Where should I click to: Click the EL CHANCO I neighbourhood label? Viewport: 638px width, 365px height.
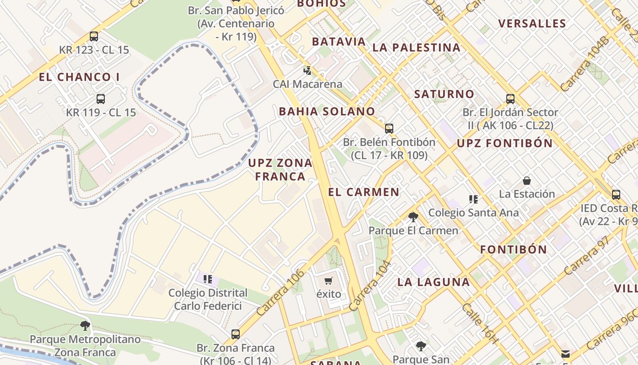point(79,77)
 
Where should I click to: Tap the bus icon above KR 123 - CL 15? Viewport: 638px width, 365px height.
point(94,36)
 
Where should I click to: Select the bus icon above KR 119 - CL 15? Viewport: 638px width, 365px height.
point(101,99)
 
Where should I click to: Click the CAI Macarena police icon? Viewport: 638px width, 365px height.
point(308,71)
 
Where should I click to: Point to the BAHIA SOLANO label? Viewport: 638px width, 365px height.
point(327,111)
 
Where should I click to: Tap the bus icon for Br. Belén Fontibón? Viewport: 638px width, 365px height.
point(389,129)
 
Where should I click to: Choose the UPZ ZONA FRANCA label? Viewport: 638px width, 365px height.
point(280,169)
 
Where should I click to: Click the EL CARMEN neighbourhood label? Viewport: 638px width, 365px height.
point(364,192)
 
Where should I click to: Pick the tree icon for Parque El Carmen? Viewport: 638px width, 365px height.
point(413,217)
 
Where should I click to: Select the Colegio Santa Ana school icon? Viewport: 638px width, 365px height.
point(473,199)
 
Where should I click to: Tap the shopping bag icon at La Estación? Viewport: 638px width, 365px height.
point(527,181)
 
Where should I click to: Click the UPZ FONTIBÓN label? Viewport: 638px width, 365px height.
point(504,143)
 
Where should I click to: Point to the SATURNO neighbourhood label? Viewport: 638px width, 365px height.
point(444,94)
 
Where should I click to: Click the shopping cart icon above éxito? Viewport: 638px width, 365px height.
point(329,281)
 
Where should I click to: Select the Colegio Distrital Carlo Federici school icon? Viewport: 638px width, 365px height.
point(208,279)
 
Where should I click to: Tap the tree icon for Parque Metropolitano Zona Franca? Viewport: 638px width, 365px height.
point(85,326)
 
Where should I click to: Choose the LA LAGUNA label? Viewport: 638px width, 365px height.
point(433,282)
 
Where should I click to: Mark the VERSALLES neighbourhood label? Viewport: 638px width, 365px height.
point(532,24)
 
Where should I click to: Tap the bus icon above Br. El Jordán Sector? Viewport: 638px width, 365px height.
point(510,99)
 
